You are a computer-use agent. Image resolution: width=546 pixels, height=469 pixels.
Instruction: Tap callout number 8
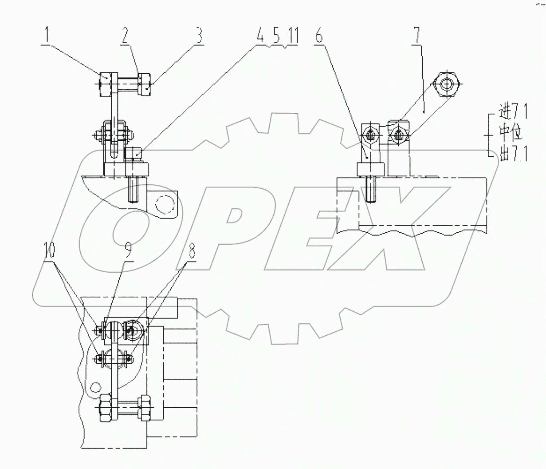192,252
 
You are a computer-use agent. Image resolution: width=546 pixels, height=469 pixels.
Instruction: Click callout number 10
49,252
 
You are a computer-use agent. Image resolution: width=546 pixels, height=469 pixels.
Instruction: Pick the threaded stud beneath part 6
370,189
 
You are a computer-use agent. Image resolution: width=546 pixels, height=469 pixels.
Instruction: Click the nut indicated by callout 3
146,83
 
